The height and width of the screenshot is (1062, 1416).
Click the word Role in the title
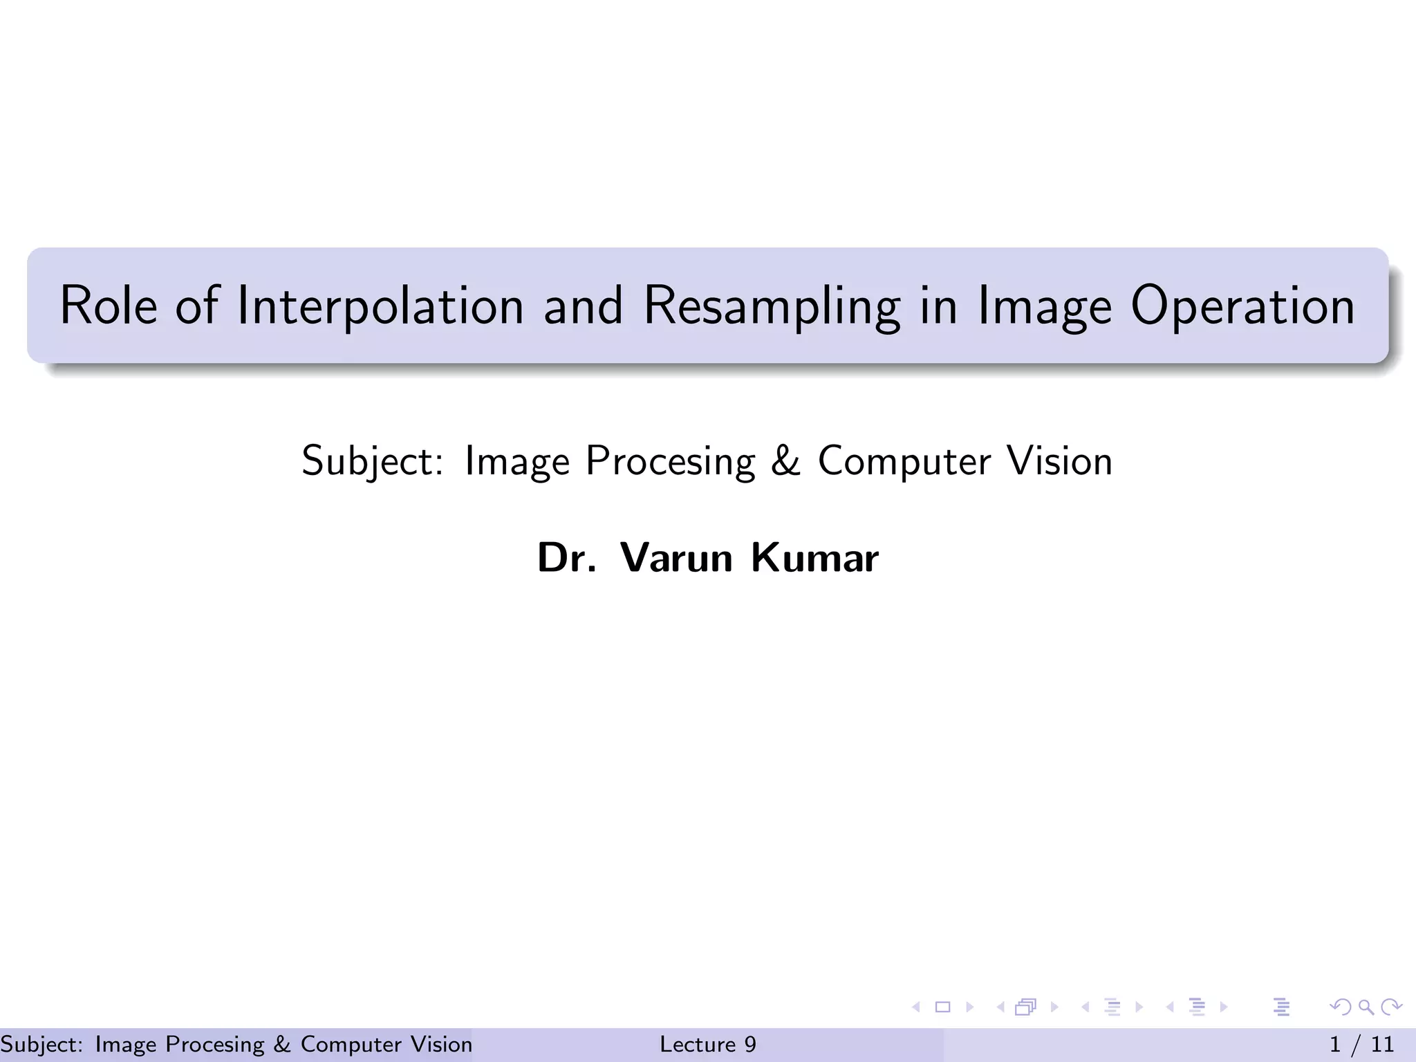[x=109, y=305]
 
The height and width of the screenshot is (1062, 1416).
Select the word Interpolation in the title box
[x=380, y=305]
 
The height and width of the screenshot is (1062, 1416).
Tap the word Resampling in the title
[x=772, y=305]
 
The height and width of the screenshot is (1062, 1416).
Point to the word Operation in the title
[x=1242, y=305]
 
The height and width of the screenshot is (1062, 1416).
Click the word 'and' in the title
[x=583, y=305]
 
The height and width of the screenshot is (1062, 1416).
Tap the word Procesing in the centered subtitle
[x=670, y=461]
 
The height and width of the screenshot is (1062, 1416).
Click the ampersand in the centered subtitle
[x=785, y=461]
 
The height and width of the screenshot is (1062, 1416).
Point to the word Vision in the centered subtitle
[x=1059, y=461]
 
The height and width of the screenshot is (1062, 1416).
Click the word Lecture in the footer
[x=697, y=1044]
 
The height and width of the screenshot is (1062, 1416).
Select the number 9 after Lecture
[x=750, y=1044]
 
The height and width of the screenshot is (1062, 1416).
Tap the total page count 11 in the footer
[x=1383, y=1044]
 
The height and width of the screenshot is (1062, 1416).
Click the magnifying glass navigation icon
[x=1366, y=1007]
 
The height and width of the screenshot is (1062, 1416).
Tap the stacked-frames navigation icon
[x=1025, y=1007]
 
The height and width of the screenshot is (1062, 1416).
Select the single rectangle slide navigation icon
[x=942, y=1007]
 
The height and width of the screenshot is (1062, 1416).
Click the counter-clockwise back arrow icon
[x=1340, y=1007]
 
